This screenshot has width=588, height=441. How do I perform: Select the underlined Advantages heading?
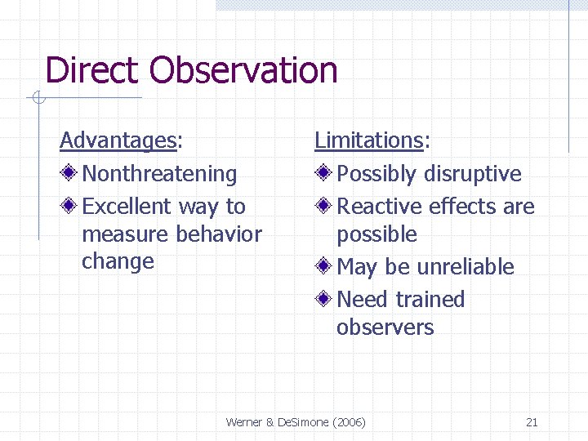point(118,141)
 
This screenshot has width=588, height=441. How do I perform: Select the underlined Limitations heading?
point(369,141)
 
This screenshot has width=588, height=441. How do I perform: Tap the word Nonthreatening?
point(159,174)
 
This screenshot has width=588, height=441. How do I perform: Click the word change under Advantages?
point(118,261)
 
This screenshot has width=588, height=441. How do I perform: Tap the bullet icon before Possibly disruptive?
point(324,174)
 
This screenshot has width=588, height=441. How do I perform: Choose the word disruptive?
point(473,174)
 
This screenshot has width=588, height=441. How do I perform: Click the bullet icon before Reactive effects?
point(324,207)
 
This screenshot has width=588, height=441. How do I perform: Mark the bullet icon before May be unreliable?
point(324,267)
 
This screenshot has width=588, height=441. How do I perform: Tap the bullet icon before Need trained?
point(324,300)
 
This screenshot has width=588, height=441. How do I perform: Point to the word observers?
point(385,327)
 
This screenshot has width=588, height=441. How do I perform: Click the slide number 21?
point(532,422)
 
